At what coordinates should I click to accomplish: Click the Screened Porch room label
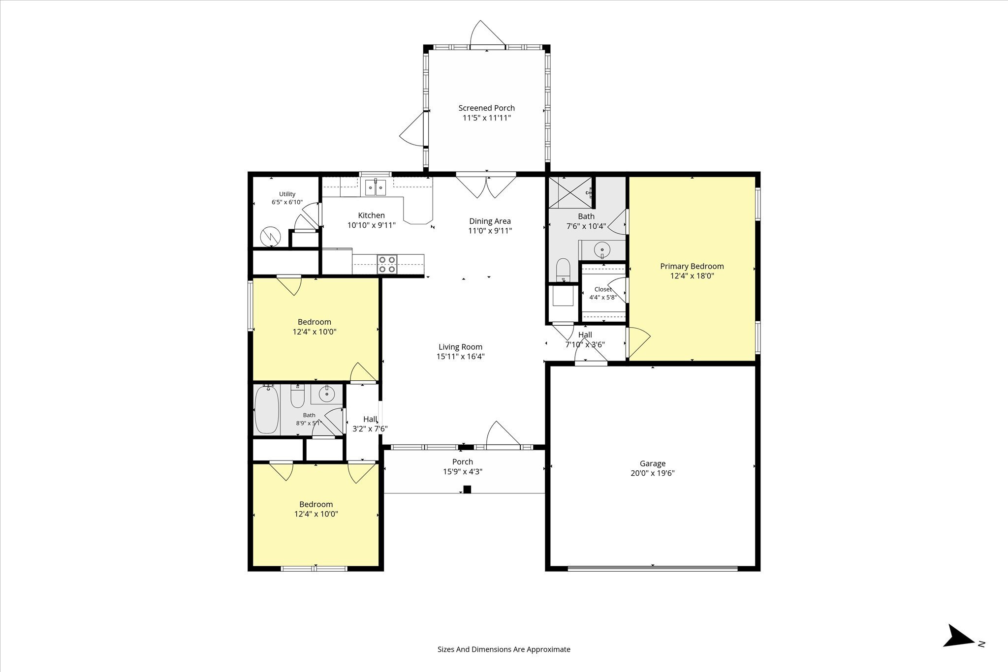(486, 108)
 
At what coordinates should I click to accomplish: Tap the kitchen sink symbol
(376, 187)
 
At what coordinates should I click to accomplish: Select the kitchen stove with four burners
(387, 264)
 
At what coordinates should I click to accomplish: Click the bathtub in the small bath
(267, 410)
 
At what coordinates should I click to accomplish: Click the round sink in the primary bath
(602, 250)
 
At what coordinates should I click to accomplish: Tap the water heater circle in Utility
(270, 236)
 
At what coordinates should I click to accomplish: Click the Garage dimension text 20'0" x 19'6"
(653, 473)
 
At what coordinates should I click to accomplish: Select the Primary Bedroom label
(692, 266)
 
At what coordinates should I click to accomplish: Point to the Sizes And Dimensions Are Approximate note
(504, 649)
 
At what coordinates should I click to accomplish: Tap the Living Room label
(461, 347)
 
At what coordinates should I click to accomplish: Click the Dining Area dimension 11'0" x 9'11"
(490, 231)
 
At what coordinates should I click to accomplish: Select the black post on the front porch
(467, 489)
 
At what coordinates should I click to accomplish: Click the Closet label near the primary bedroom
(603, 289)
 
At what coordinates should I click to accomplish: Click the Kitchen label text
(372, 215)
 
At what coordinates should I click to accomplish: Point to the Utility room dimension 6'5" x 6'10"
(287, 202)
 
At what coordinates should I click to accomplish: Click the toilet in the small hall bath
(297, 397)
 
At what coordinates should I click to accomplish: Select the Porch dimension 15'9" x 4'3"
(463, 471)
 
